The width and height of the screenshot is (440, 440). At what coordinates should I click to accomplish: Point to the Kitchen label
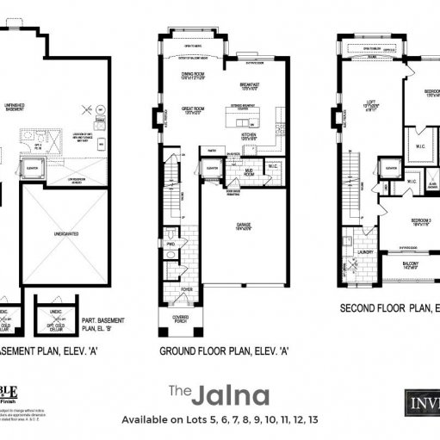coord(251,134)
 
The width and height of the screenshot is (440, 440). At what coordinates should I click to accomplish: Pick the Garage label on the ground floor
coord(245,227)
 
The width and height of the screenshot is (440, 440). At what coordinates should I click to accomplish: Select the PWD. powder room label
coord(170,242)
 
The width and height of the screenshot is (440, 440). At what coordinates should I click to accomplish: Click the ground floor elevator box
coord(214,169)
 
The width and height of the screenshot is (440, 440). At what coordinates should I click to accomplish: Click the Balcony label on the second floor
coord(412,264)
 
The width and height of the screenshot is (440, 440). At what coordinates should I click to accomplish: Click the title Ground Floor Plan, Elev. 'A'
coord(223,350)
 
